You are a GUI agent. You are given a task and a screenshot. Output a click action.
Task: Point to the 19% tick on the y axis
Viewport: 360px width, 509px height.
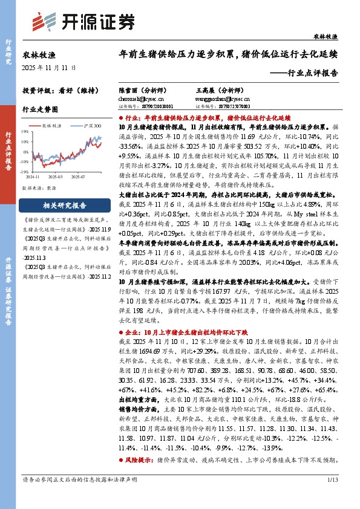[25, 131]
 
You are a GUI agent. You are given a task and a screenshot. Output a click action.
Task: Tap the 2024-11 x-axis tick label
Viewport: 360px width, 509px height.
[33, 177]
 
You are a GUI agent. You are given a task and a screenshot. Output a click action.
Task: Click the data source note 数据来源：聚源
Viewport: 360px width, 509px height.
[39, 188]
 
